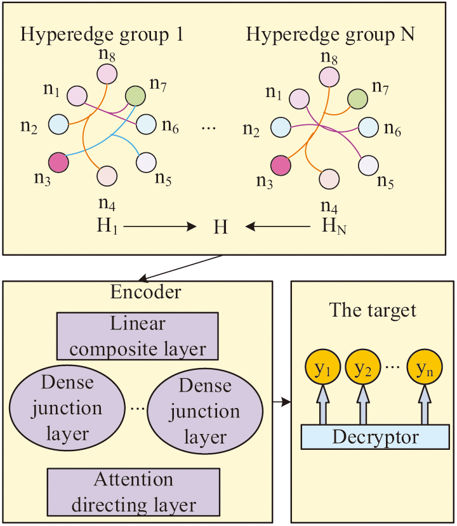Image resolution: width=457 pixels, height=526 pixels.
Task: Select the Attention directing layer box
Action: [x=133, y=492]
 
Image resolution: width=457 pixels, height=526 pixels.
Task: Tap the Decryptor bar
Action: [x=375, y=437]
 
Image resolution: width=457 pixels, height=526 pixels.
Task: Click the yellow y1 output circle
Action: [x=324, y=369]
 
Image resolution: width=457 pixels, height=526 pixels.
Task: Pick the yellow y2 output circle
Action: [x=362, y=369]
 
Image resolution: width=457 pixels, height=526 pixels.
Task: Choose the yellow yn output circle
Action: [x=423, y=369]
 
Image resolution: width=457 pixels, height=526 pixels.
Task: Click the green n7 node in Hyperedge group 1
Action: [x=136, y=96]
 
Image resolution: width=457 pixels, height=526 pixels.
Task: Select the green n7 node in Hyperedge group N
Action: [x=357, y=98]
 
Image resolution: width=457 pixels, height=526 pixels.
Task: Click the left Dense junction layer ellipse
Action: [x=67, y=409]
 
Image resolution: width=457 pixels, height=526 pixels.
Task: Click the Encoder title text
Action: [x=145, y=293]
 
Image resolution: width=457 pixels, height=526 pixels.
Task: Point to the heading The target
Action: [x=373, y=310]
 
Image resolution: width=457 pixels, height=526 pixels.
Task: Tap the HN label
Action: [x=331, y=227]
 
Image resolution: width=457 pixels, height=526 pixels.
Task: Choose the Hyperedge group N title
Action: [x=330, y=34]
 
